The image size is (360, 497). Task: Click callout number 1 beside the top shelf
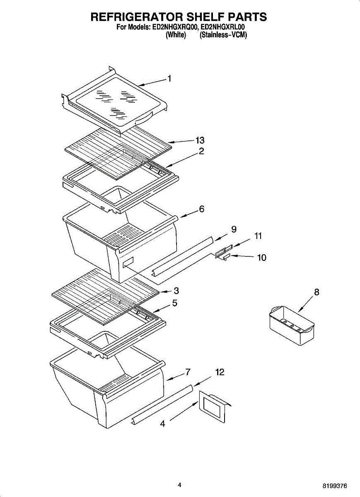pos(169,78)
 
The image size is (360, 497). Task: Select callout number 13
pos(200,140)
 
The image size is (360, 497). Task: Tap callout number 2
pos(201,151)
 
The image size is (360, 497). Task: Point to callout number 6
pos(201,209)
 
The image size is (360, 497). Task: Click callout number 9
pos(234,229)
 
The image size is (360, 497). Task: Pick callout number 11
pos(258,236)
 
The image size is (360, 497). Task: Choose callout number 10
pos(261,258)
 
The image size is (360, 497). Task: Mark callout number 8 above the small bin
pos(317,292)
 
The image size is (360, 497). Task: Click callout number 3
pos(176,290)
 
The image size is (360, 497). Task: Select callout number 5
pos(175,303)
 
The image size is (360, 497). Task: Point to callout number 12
pos(220,373)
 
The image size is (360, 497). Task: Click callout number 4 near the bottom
pos(162,424)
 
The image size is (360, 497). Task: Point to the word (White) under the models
pos(176,35)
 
